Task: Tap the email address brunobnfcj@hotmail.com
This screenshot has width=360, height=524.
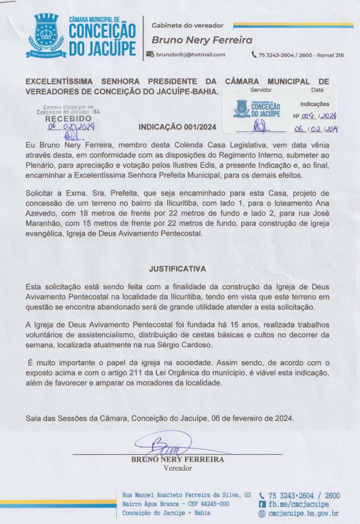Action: tap(190, 55)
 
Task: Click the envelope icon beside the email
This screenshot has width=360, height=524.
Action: tap(150, 55)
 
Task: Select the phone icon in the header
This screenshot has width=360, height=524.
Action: tap(254, 55)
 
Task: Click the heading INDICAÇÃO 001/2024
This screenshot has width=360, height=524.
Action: tap(177, 127)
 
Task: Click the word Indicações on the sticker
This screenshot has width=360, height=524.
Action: tap(315, 104)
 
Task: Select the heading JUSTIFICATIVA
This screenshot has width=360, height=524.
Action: tap(177, 269)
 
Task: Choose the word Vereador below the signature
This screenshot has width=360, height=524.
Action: tap(178, 468)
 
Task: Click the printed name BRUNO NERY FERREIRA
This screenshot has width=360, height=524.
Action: tap(178, 460)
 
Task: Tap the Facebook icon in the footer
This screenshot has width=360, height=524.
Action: tap(262, 504)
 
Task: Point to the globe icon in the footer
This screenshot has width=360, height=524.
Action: tap(262, 513)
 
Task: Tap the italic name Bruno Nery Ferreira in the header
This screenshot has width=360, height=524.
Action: tap(202, 40)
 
